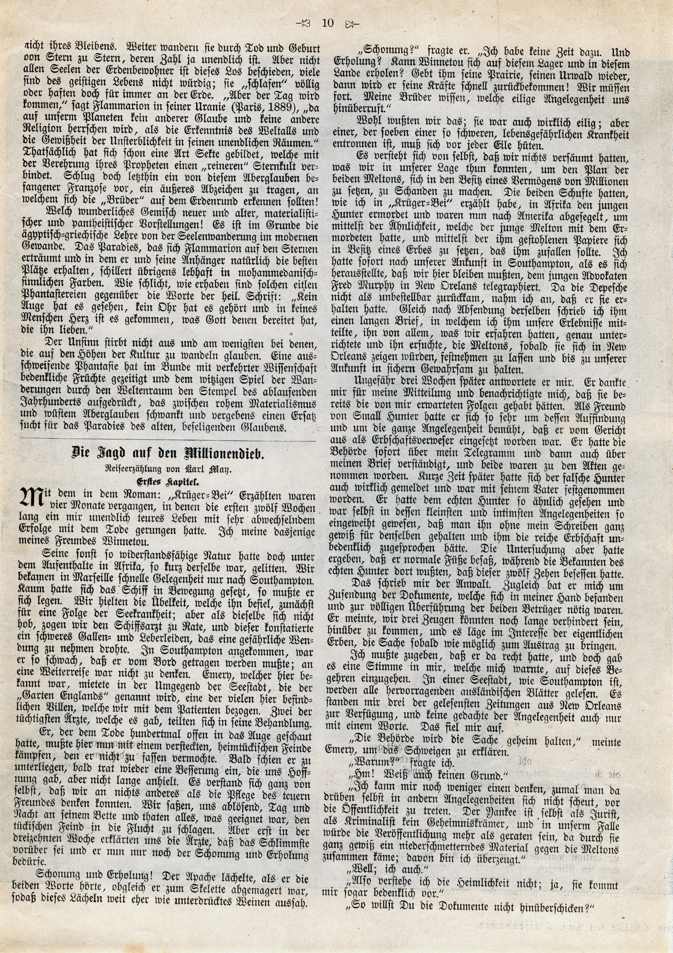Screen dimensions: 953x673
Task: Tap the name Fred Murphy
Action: point(364,287)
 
